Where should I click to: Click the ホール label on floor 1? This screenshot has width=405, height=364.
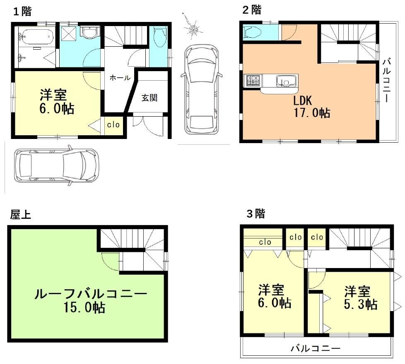tap(120, 77)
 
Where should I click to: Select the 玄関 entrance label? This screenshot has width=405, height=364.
tap(149, 98)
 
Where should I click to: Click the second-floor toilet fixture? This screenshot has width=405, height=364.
tap(253, 32)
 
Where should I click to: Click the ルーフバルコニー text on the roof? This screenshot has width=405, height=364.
tap(91, 294)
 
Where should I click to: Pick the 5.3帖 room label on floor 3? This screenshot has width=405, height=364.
tap(360, 305)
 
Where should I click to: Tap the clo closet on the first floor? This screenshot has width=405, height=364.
tap(113, 125)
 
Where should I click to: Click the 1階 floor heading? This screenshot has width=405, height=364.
tap(22, 11)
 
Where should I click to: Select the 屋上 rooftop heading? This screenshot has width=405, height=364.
tap(21, 214)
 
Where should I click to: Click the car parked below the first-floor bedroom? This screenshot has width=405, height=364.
tap(57, 165)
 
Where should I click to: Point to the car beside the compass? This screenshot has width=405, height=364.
tap(202, 89)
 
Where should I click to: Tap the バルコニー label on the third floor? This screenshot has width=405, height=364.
tap(316, 349)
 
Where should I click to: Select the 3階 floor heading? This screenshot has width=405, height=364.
tap(256, 213)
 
